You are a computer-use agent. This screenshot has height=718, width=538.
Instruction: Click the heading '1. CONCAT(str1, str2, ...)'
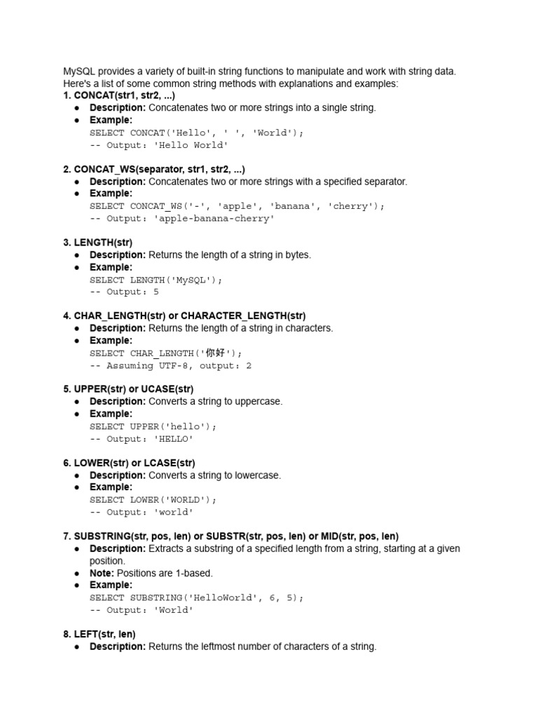pos(119,95)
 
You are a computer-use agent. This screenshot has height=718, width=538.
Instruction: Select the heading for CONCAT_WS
pos(154,169)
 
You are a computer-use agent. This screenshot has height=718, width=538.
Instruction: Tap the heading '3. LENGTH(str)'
pos(97,243)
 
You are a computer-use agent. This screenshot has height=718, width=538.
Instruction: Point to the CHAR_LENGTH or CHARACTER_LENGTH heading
pos(184,316)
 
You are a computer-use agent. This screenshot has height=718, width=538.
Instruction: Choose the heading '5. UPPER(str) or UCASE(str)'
pos(134,389)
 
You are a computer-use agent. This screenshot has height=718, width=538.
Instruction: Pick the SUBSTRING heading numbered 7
pos(230,536)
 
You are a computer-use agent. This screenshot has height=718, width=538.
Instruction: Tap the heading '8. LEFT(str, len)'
pos(99,634)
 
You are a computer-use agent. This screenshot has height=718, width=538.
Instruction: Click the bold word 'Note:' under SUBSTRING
pos(102,573)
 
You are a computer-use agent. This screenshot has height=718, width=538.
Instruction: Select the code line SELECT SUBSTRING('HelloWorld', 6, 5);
pos(197,597)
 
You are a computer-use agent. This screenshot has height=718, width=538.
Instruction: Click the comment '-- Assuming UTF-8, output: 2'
pos(170,366)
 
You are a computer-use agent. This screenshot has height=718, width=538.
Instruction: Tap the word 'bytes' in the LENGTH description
pos(298,255)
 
